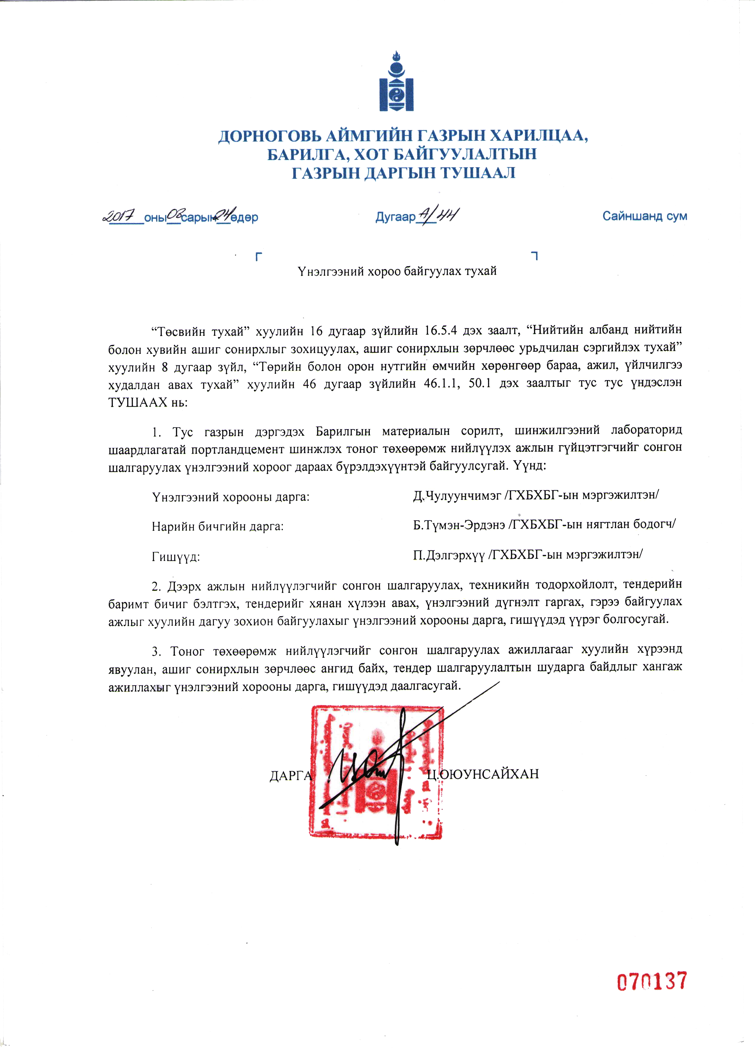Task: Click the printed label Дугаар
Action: point(395,217)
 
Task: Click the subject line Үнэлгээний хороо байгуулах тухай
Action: point(397,271)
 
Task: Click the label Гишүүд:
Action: point(176,557)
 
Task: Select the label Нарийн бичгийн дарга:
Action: point(217,526)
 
